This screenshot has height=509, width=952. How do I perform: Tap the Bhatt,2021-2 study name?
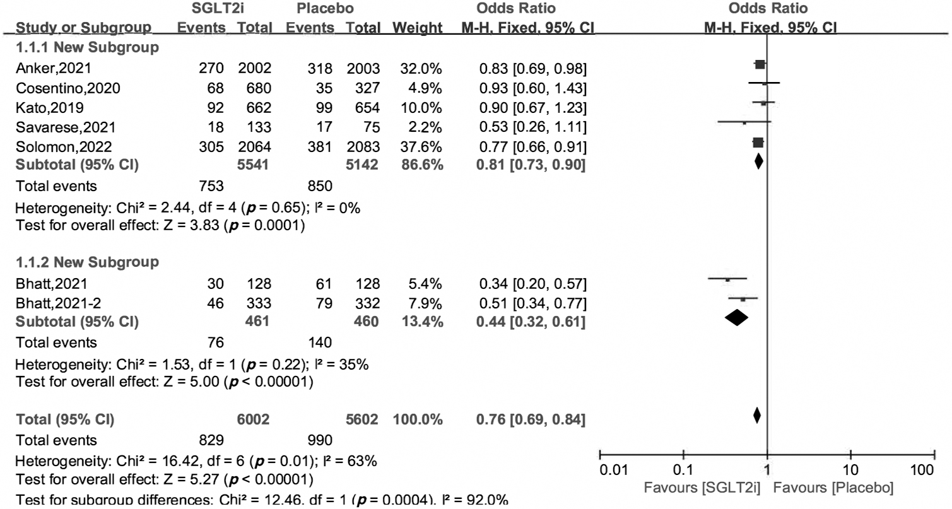54,303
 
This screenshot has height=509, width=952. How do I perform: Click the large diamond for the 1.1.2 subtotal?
736,319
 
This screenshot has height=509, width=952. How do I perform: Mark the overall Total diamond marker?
756,416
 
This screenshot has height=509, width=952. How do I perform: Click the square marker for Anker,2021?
760,64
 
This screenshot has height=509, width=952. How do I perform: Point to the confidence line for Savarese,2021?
744,122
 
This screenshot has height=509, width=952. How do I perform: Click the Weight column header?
417,28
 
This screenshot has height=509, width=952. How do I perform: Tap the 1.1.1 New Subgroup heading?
87,47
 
